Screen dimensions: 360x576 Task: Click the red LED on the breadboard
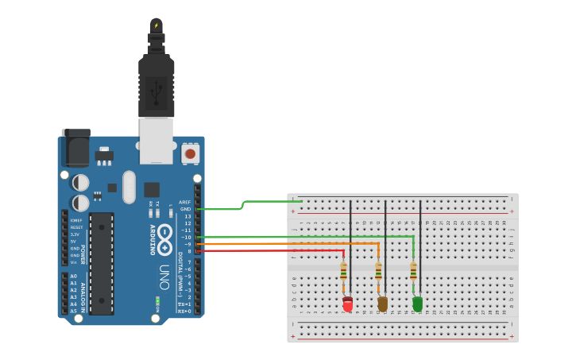(347, 304)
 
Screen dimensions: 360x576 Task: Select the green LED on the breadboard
(417, 303)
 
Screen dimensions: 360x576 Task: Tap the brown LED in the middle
(382, 304)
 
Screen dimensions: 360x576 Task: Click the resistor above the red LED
(343, 272)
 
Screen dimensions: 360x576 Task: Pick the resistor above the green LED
(413, 272)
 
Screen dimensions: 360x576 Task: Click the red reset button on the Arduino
(190, 153)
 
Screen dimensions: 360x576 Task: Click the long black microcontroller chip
(101, 262)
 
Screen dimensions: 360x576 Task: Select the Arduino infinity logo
(164, 238)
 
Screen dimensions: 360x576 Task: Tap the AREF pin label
(184, 202)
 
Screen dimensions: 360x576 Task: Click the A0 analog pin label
(74, 276)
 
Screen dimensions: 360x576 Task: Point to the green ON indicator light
(157, 300)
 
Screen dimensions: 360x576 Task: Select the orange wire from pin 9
(286, 243)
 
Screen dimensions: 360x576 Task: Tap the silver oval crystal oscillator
(129, 187)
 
